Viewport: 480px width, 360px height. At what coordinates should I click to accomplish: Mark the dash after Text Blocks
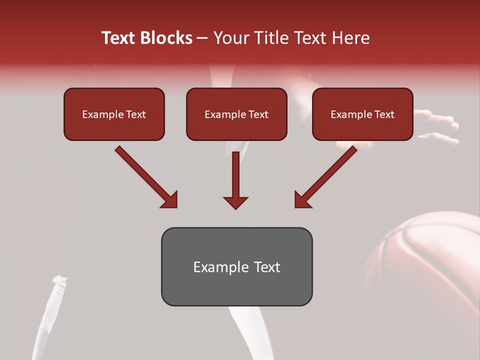tap(202, 38)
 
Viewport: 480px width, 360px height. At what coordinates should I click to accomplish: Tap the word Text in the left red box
tap(135, 114)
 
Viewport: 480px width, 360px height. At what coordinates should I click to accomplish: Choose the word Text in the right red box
tap(384, 114)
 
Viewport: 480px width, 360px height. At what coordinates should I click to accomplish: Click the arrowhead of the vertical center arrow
tap(235, 202)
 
